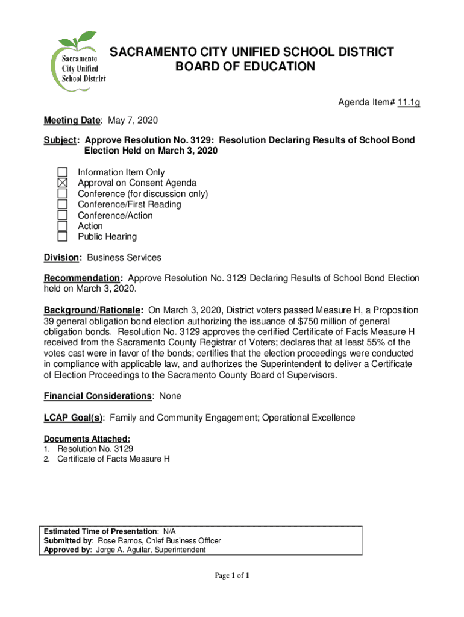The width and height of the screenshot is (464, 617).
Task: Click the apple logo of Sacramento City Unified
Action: click(78, 60)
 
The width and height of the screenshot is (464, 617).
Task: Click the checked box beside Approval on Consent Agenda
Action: click(63, 183)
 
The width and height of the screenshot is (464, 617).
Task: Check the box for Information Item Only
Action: click(63, 172)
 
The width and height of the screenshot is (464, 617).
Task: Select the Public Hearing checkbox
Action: click(63, 236)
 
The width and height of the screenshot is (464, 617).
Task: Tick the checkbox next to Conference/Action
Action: click(63, 215)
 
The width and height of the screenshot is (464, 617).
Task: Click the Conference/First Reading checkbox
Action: click(63, 204)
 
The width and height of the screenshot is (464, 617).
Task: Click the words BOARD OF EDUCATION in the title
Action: click(245, 67)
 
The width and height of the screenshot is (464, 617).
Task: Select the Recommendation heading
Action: click(82, 278)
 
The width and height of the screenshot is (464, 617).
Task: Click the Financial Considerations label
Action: click(97, 396)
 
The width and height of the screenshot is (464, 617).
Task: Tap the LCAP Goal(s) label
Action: click(73, 418)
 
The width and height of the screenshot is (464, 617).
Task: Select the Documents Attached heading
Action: click(87, 439)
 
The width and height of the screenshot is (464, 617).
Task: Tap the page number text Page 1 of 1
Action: click(232, 576)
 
